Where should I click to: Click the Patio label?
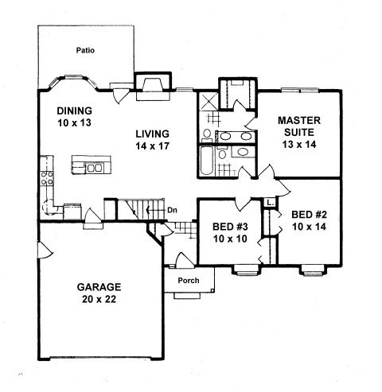pos(85,50)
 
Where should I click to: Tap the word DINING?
pos(75,111)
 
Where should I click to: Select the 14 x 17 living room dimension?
pos(153,146)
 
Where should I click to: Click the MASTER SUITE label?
pos(299,126)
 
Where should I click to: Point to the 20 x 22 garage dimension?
pos(99,299)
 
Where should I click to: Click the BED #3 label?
pos(230,227)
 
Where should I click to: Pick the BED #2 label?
pos(309,215)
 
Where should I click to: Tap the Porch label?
pos(189,281)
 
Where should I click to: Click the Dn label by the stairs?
pos(172,211)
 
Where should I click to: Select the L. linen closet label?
pos(270,204)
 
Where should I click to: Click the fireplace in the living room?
pos(153,87)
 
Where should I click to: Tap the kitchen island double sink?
pos(94,168)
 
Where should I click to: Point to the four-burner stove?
pos(47,178)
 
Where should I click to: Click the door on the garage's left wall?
pos(45,250)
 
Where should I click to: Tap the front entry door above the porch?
pos(185,260)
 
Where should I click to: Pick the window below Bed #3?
pos(247,271)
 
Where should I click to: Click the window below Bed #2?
pos(313,271)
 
